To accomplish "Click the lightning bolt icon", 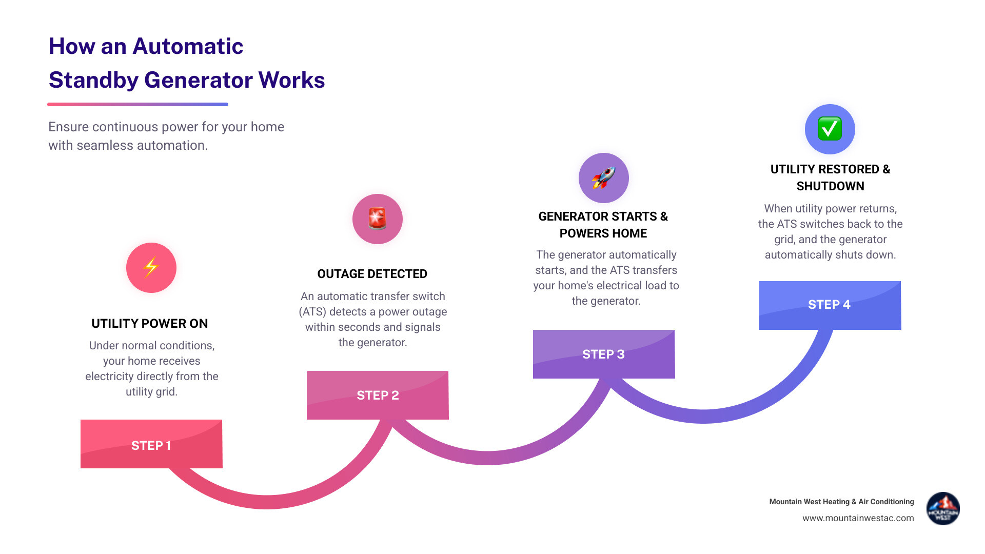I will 151,267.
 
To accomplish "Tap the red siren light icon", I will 377,219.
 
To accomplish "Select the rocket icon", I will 603,178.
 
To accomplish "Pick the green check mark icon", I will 830,129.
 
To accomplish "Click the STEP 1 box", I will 151,444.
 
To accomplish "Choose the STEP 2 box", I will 378,395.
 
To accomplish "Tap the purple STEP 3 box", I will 603,354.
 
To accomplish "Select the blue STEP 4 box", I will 830,305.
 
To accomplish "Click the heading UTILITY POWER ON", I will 150,324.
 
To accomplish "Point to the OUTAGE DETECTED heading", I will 372,274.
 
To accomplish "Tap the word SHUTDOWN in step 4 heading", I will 830,186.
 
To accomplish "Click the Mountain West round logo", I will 943,509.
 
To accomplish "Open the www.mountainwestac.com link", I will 858,518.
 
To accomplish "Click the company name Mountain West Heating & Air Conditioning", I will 841,502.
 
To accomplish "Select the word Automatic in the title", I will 187,46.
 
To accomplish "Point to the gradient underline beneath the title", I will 137,104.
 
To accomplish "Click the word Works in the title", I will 291,80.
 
